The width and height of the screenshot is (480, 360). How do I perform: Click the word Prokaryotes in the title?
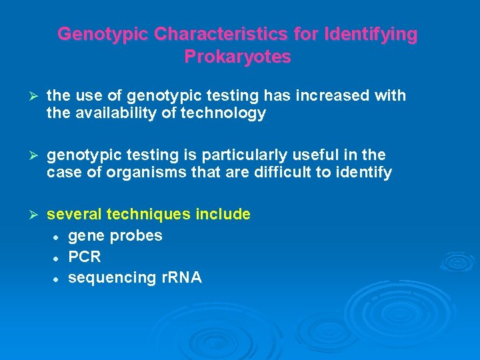(237, 57)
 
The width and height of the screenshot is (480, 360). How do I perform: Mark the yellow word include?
(224, 215)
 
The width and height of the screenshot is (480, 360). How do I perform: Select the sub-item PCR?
(85, 257)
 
